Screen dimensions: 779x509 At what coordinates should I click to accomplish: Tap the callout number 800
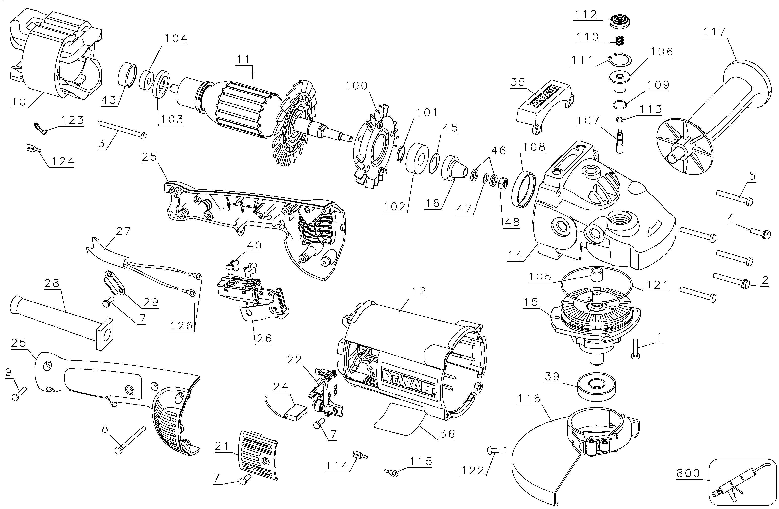[688, 473]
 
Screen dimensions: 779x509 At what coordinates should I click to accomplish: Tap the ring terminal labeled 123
[41, 128]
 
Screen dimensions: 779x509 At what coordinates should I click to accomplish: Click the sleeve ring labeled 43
[127, 75]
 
